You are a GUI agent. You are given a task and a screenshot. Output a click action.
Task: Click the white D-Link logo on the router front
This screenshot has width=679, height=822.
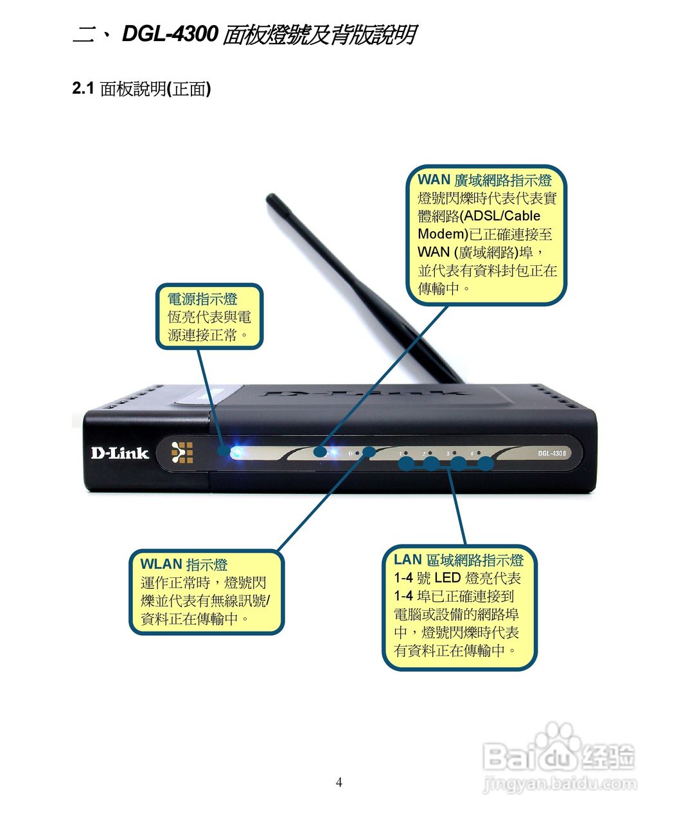pyautogui.click(x=119, y=453)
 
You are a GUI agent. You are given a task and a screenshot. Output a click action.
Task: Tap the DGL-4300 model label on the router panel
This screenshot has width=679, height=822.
pyautogui.click(x=552, y=453)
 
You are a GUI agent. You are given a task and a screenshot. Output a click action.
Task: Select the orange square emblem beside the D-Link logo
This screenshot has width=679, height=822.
pyautogui.click(x=182, y=453)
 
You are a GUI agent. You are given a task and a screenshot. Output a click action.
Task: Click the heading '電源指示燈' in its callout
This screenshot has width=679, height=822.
pyautogui.click(x=202, y=299)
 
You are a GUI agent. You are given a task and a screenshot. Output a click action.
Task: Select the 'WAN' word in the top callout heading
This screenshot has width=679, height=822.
pyautogui.click(x=433, y=180)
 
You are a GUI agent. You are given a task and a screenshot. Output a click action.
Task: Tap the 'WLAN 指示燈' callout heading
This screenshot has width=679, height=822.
pyautogui.click(x=184, y=564)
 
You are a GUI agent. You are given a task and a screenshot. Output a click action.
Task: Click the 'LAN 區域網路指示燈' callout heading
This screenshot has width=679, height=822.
pyautogui.click(x=458, y=560)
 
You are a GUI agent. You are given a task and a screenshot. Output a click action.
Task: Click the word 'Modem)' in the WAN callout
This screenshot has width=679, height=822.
pyautogui.click(x=442, y=234)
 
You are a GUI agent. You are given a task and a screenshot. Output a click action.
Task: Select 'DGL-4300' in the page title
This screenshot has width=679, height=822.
pyautogui.click(x=170, y=34)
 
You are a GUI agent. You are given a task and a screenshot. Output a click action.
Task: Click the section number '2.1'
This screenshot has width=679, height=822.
pyautogui.click(x=84, y=89)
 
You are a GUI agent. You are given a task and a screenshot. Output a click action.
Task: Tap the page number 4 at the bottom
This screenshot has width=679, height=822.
pyautogui.click(x=339, y=782)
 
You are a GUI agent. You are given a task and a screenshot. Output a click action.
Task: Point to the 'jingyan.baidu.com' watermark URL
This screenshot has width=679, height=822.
pyautogui.click(x=559, y=784)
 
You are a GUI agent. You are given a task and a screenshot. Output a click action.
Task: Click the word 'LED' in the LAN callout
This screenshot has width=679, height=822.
pyautogui.click(x=447, y=578)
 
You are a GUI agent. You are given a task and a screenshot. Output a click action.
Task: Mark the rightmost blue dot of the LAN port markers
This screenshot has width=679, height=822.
pyautogui.click(x=486, y=463)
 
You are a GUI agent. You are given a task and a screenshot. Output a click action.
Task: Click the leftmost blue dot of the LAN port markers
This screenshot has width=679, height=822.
pyautogui.click(x=406, y=463)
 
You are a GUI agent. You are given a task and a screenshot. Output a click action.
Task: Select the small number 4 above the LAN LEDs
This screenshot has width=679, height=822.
pyautogui.click(x=471, y=454)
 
